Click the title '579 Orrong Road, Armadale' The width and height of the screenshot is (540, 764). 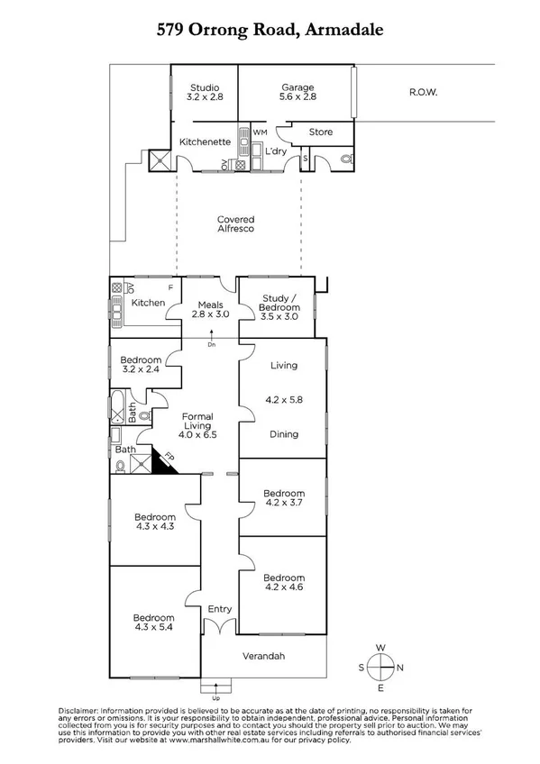[x=270, y=30]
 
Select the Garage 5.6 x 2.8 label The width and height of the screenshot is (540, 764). [x=297, y=92]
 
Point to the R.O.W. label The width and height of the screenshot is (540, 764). [x=422, y=91]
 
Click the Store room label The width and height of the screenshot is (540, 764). [x=320, y=132]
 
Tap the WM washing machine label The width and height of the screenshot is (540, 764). [x=261, y=132]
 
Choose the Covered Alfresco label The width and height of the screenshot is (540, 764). [x=235, y=224]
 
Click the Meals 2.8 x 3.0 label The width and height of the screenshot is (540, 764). [x=210, y=309]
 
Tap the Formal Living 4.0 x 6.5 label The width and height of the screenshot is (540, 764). [x=197, y=425]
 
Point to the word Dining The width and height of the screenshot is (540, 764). [x=284, y=434]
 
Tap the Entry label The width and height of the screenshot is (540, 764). [x=219, y=609]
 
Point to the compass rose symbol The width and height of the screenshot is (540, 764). [x=382, y=668]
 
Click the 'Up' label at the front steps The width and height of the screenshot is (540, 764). [x=215, y=697]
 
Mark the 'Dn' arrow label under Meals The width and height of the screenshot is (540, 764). [x=211, y=343]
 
